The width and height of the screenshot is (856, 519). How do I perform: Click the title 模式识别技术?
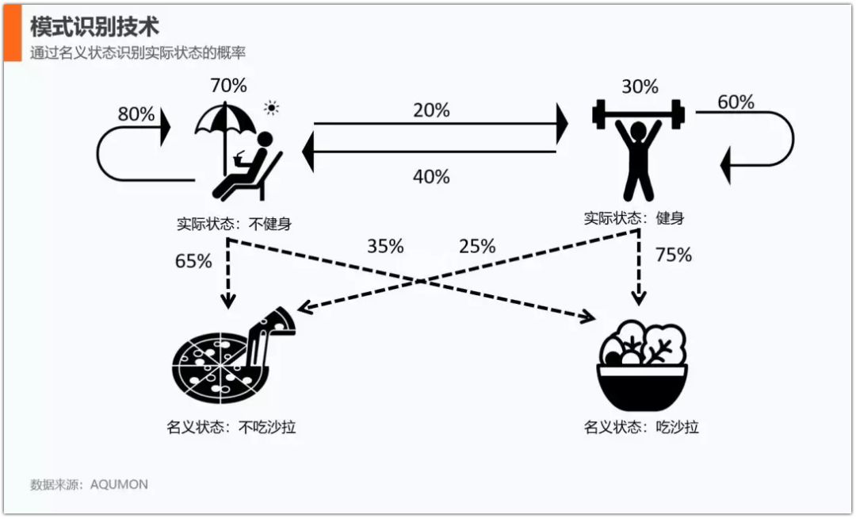click(x=94, y=26)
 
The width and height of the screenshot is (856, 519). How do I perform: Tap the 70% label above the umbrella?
click(x=228, y=85)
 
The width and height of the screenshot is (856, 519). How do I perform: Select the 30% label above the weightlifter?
click(x=640, y=86)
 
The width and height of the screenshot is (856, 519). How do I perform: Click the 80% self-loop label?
click(x=136, y=114)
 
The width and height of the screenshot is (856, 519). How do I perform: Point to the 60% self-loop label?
click(x=736, y=102)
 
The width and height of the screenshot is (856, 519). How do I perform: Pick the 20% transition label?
click(x=431, y=110)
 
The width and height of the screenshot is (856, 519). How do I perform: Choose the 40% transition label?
click(x=431, y=176)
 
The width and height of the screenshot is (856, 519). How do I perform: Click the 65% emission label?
click(x=193, y=260)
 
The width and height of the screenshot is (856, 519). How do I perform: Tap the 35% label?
click(x=385, y=246)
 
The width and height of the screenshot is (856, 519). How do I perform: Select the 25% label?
click(x=477, y=246)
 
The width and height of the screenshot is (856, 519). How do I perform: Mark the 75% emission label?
click(x=673, y=255)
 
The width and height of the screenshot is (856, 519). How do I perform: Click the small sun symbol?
click(x=273, y=108)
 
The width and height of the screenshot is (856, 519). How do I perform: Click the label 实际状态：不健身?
click(x=234, y=224)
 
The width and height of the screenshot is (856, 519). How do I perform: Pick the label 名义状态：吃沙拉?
click(x=641, y=427)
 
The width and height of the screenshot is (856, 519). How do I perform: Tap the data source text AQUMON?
click(x=119, y=484)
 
